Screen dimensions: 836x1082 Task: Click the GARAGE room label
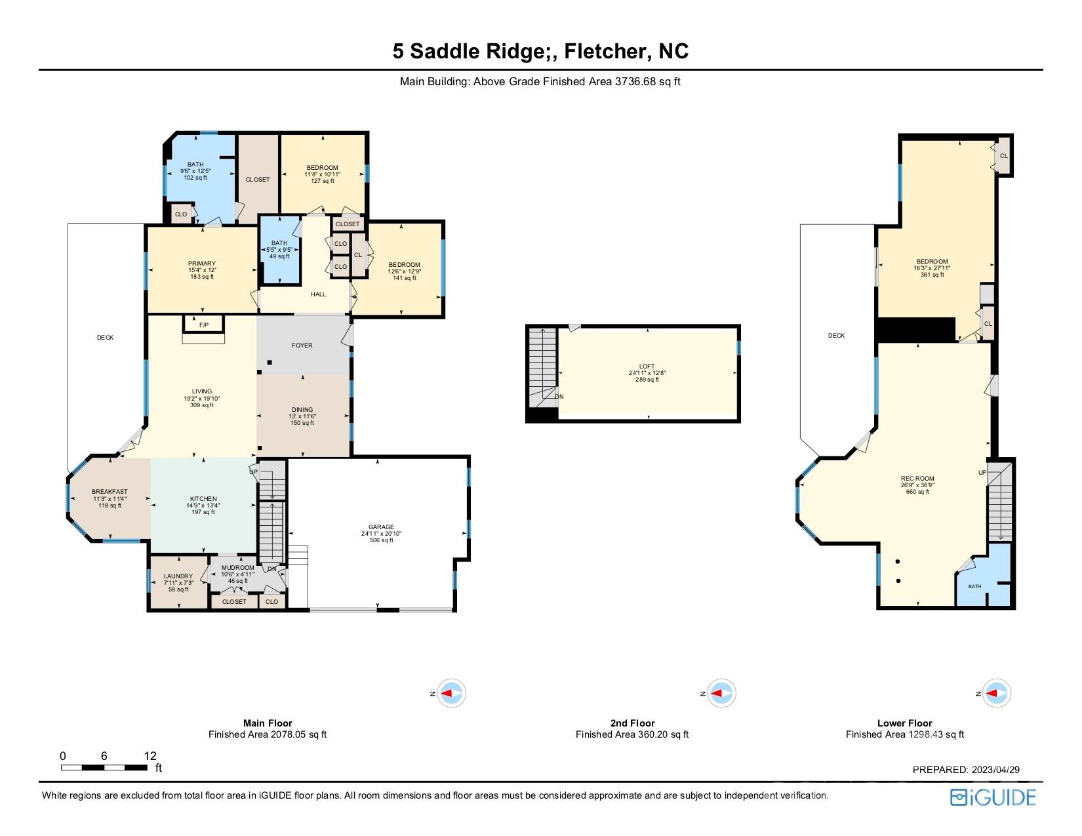tap(381, 527)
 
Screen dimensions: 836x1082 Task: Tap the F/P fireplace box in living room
tap(203, 324)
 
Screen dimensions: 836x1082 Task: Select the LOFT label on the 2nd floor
tap(647, 367)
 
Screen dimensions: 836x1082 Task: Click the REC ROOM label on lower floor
tap(917, 479)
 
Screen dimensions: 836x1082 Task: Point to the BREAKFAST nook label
tap(110, 492)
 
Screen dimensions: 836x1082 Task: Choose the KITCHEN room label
tap(203, 499)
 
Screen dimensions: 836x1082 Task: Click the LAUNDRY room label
tap(178, 576)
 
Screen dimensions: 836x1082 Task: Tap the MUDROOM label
tap(237, 568)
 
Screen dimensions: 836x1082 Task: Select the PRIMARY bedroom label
tap(202, 264)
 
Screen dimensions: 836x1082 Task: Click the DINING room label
tap(302, 410)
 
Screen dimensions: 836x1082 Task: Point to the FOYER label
tap(302, 346)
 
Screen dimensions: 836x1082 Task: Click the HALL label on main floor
tap(318, 294)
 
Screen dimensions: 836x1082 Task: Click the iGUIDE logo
tap(993, 797)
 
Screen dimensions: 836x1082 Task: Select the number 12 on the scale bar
tap(150, 755)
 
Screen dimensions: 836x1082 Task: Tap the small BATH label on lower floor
tap(975, 586)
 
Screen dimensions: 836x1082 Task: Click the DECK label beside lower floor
tap(836, 336)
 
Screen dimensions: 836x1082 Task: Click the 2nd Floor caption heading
tap(632, 723)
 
